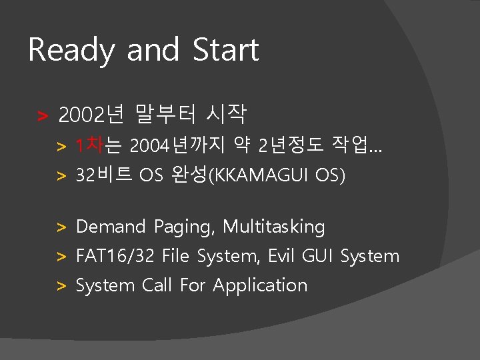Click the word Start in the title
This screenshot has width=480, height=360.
(x=225, y=51)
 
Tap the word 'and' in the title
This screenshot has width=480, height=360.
(x=153, y=51)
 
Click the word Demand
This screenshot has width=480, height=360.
(x=111, y=227)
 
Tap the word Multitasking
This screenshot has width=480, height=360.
(x=273, y=227)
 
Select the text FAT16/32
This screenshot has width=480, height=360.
(x=115, y=256)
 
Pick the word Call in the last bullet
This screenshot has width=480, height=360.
(x=157, y=285)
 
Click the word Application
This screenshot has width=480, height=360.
(x=260, y=286)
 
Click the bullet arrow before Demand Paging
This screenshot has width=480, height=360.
(x=62, y=228)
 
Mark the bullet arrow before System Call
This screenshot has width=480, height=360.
(x=62, y=287)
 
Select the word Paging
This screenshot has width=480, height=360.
(x=183, y=227)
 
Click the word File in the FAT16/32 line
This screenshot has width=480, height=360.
(x=175, y=256)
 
